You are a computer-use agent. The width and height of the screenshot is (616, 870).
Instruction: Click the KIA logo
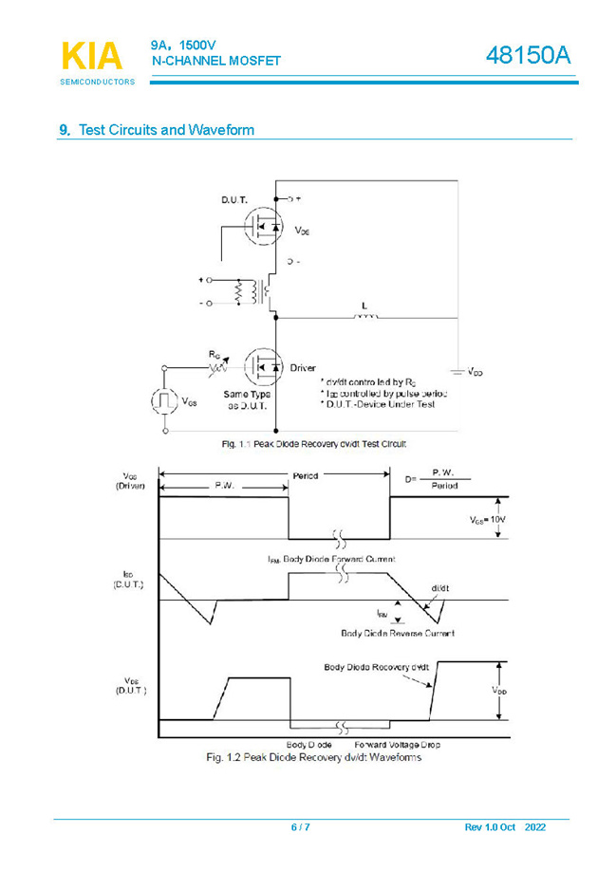[92, 56]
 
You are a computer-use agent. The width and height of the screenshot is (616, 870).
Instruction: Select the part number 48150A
[529, 57]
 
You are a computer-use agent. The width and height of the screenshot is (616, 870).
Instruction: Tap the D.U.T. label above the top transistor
[234, 200]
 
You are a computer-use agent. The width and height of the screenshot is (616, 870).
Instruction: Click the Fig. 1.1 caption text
[314, 443]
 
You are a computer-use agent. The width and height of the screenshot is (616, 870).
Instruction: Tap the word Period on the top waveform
[305, 475]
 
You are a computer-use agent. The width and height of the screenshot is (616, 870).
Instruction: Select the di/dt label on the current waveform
[439, 588]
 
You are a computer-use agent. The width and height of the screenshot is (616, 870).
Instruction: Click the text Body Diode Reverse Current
[397, 633]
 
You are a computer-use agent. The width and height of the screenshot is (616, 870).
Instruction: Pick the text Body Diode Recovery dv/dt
[376, 667]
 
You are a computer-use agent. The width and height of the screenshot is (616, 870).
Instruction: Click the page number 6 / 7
[300, 827]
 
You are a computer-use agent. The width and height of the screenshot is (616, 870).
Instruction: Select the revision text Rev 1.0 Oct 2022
[505, 827]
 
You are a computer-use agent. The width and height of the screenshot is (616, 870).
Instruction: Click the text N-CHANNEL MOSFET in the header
[216, 62]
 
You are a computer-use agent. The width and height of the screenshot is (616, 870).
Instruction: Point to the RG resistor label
[215, 354]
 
